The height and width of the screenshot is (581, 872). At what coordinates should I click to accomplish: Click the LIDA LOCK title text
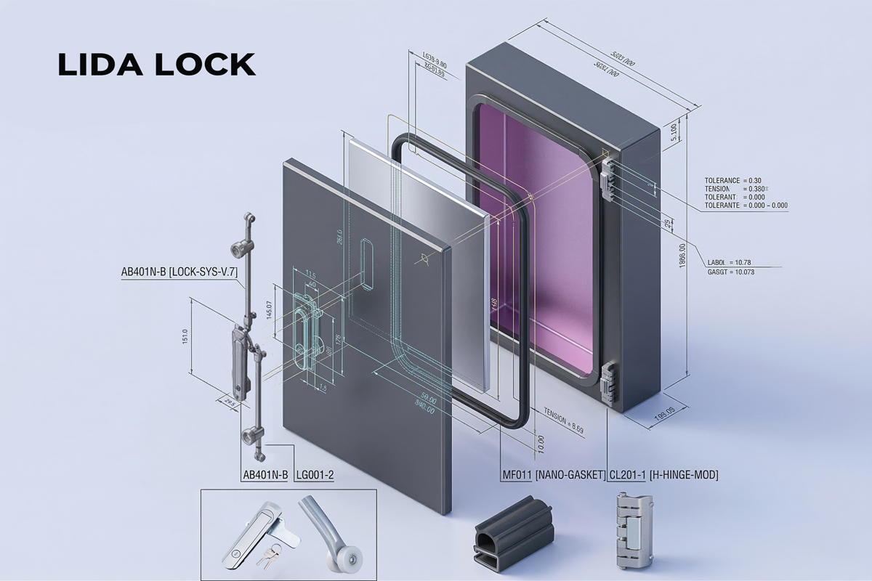(156, 65)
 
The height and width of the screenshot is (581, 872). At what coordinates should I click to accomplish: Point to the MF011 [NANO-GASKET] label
(554, 475)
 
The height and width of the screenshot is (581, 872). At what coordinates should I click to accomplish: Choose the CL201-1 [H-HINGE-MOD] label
(663, 475)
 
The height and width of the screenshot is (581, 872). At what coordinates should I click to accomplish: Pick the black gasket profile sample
(513, 535)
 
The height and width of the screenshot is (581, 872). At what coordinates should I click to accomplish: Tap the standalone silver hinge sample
(630, 530)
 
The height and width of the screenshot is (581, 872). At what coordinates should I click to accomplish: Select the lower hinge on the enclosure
(608, 383)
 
